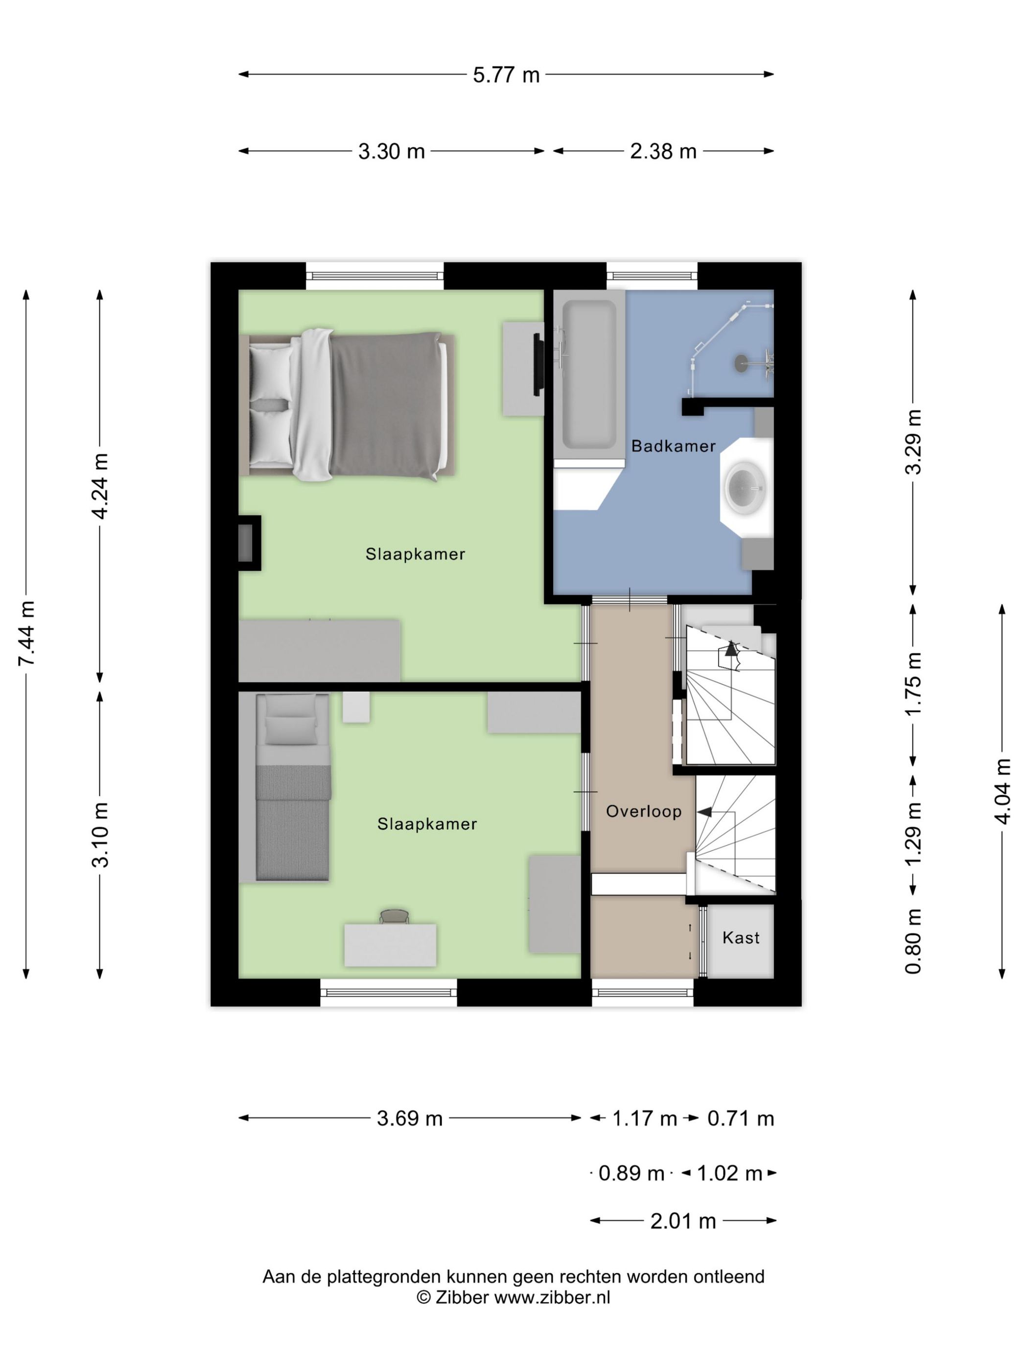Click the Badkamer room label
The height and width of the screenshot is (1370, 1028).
tap(673, 446)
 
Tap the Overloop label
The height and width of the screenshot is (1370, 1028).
tap(644, 811)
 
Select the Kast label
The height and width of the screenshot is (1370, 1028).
tap(741, 937)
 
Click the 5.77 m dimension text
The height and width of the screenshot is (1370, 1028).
tap(506, 75)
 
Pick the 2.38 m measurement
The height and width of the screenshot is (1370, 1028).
tap(663, 151)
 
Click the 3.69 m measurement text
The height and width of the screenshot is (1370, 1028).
tap(410, 1119)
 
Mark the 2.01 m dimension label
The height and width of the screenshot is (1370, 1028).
tap(683, 1221)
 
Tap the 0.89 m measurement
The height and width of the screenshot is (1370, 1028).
tap(631, 1173)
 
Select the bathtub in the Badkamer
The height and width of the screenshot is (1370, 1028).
tap(589, 377)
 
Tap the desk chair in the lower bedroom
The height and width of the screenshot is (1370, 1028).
tap(394, 916)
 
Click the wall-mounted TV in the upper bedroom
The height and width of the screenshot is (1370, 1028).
tap(538, 364)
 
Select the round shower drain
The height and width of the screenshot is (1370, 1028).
tap(741, 363)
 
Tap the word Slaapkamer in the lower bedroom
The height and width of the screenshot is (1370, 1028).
tap(427, 824)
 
